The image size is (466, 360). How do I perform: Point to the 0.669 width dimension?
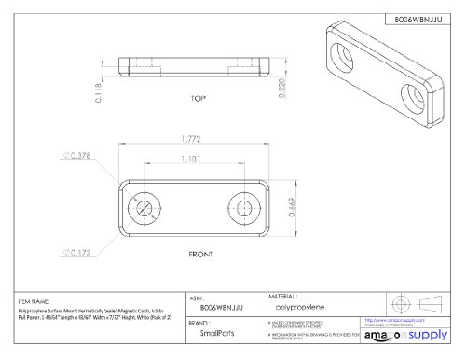tap(291, 206)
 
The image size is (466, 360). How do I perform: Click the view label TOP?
tap(198, 99)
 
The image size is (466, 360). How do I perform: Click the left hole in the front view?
tap(144, 204)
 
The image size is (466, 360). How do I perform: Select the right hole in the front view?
tap(244, 204)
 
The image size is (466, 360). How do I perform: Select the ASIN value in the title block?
tap(218, 306)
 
